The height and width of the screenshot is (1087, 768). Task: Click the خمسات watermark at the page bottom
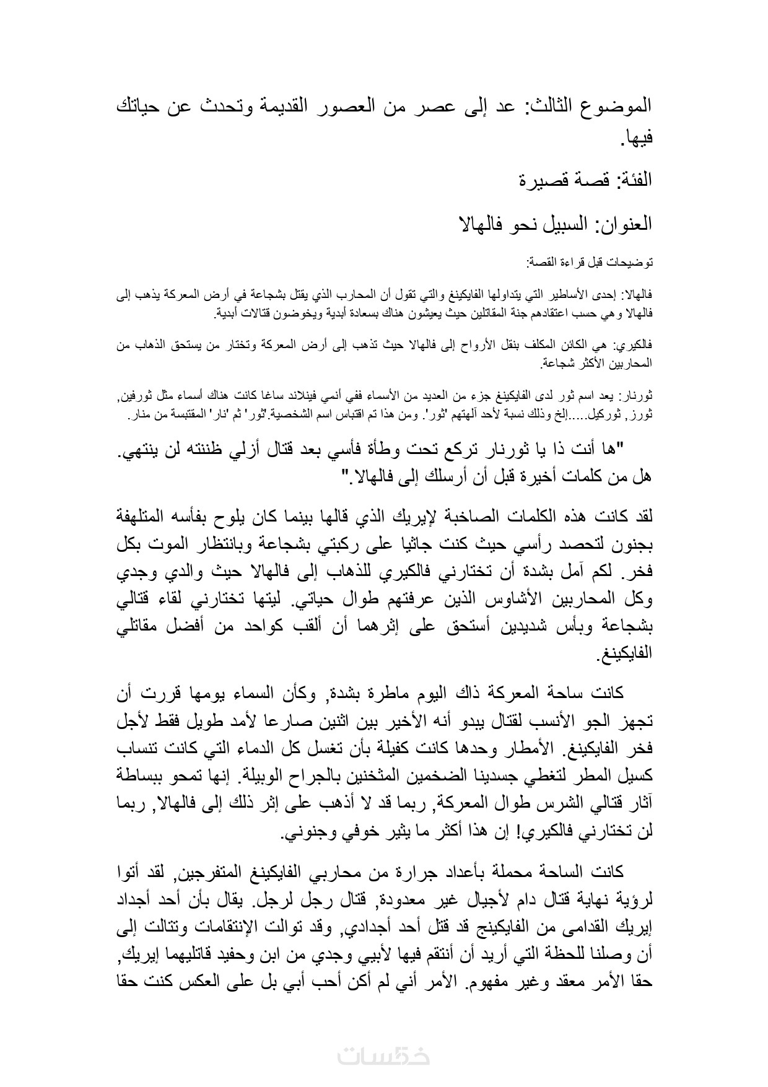coord(384,1055)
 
